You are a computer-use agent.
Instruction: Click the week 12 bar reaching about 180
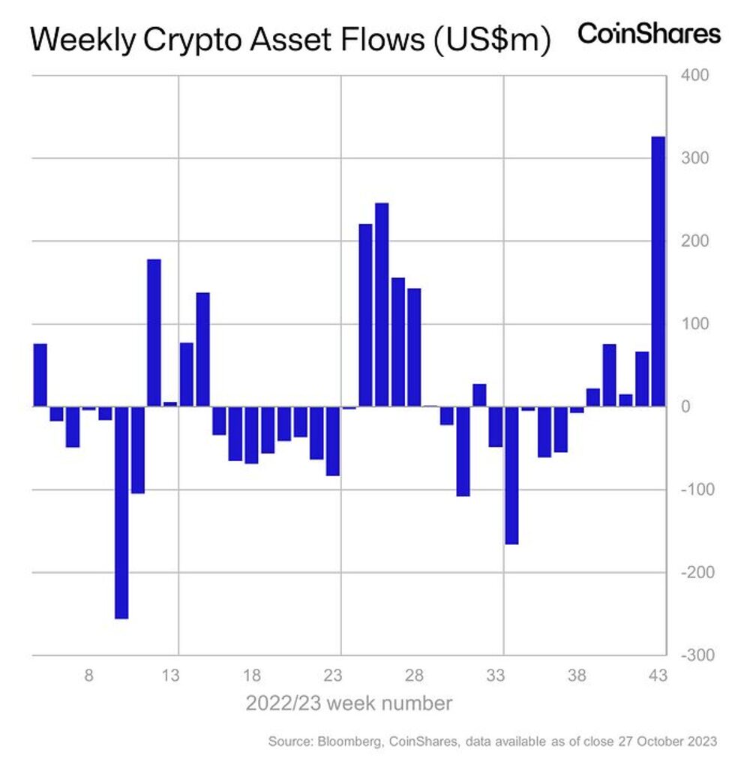click(x=154, y=333)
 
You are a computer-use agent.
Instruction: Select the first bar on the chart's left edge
click(x=40, y=375)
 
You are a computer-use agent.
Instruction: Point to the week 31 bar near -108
click(x=463, y=451)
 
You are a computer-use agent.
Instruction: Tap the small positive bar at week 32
click(x=478, y=395)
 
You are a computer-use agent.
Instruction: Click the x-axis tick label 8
click(x=88, y=676)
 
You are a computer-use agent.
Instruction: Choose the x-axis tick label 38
click(x=577, y=676)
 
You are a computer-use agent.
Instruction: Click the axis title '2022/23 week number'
click(x=349, y=703)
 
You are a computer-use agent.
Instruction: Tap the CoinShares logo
click(x=649, y=34)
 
